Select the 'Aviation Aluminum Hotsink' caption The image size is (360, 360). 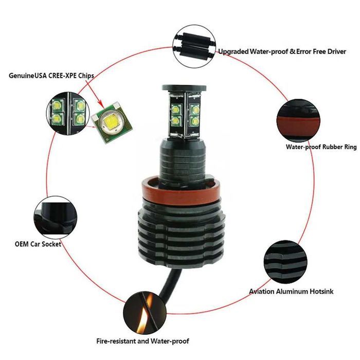(x=291, y=292)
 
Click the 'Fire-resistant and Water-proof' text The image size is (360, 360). (x=142, y=341)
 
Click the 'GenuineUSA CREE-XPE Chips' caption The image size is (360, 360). (x=51, y=75)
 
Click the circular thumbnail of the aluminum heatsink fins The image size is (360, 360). (x=283, y=258)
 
